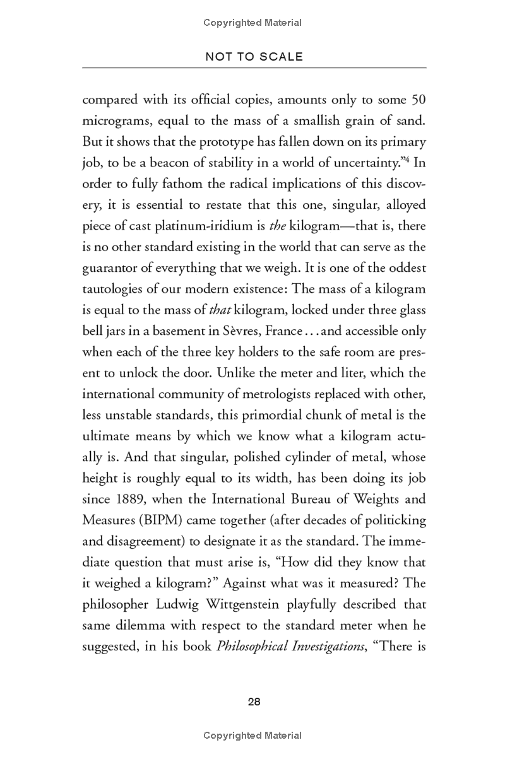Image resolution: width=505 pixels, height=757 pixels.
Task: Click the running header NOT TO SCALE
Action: pyautogui.click(x=254, y=57)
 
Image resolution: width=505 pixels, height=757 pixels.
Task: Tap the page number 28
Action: pyautogui.click(x=254, y=701)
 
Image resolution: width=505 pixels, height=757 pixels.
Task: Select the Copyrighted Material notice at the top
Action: pyautogui.click(x=252, y=23)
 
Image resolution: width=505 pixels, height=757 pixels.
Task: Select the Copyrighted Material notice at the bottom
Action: pyautogui.click(x=252, y=736)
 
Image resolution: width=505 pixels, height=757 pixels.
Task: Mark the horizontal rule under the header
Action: pyautogui.click(x=254, y=67)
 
